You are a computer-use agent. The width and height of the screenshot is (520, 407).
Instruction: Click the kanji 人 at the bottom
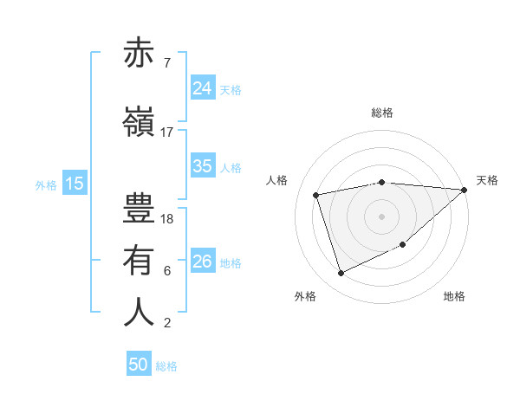point(139,312)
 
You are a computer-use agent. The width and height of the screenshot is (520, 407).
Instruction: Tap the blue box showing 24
point(202,87)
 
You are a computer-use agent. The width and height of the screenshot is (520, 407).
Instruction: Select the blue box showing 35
point(202,166)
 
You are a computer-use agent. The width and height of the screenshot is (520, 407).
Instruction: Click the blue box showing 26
point(202,262)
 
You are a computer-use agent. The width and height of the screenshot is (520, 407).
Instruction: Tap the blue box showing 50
point(139,365)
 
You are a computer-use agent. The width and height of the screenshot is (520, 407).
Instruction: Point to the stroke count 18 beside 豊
point(167,219)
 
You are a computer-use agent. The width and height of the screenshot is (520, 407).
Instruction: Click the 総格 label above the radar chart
point(381,113)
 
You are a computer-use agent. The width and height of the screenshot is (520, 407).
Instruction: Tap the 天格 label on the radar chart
point(487,180)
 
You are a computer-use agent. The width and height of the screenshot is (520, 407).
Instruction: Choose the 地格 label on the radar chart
point(454,296)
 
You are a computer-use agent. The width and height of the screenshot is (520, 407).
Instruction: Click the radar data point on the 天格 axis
point(465,190)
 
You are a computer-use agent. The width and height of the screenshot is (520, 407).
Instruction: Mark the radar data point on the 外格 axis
point(341,274)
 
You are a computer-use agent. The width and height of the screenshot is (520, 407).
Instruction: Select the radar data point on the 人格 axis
point(317,195)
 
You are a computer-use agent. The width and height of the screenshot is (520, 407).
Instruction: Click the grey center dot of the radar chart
point(381,216)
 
